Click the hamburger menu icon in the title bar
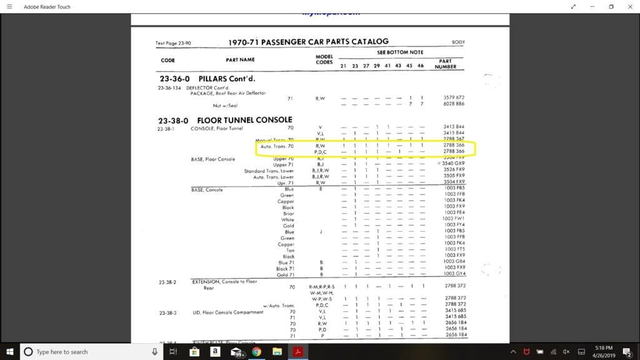pos(9,6)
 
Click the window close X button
pos(630,6)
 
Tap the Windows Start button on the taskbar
pos(9,352)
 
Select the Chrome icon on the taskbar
pos(256,352)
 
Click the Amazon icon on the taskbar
pos(215,352)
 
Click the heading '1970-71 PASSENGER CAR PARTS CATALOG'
pos(309,42)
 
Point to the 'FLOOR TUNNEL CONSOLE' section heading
pos(244,119)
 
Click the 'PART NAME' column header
pos(240,60)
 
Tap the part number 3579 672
pos(454,97)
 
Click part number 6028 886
pos(454,104)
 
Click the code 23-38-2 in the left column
pos(167,282)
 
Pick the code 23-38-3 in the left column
pos(167,312)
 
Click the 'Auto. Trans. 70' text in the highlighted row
pos(277,146)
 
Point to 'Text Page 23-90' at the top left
pos(174,43)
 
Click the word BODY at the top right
pos(458,43)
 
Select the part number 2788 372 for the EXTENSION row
pos(454,286)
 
